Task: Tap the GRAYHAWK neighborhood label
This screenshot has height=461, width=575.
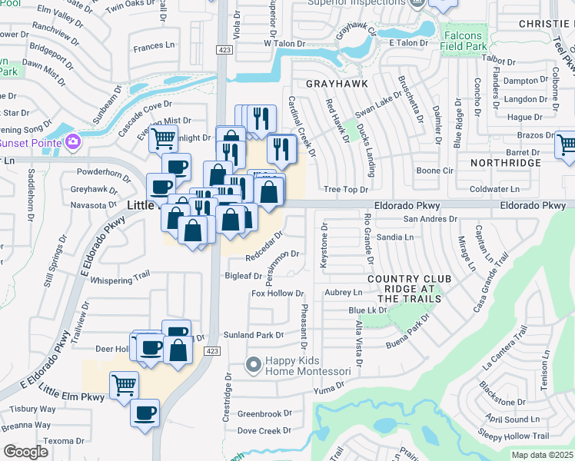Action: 333,83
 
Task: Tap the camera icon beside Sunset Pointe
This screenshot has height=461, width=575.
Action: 73,141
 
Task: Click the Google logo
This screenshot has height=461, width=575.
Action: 25,452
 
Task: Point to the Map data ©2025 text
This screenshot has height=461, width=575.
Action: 542,455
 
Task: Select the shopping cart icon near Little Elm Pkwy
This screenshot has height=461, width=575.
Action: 123,383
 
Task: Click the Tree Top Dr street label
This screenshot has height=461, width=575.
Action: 346,189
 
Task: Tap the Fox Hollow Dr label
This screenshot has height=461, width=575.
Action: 278,294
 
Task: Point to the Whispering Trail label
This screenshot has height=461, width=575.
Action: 120,280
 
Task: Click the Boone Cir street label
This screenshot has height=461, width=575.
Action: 434,170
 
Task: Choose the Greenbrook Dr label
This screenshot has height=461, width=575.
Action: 264,413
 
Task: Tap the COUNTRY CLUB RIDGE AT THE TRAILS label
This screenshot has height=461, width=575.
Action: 402,288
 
